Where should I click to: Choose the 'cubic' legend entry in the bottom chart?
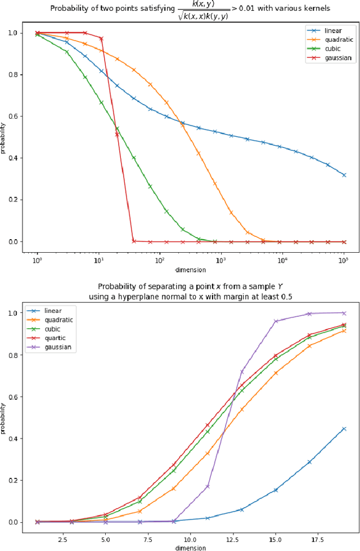(53, 329)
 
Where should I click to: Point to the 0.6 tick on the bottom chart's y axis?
(18, 397)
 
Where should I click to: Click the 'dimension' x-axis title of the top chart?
(190, 270)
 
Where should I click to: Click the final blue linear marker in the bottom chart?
(344, 429)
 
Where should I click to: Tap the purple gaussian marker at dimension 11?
(208, 486)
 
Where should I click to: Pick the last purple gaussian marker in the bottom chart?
(344, 313)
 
